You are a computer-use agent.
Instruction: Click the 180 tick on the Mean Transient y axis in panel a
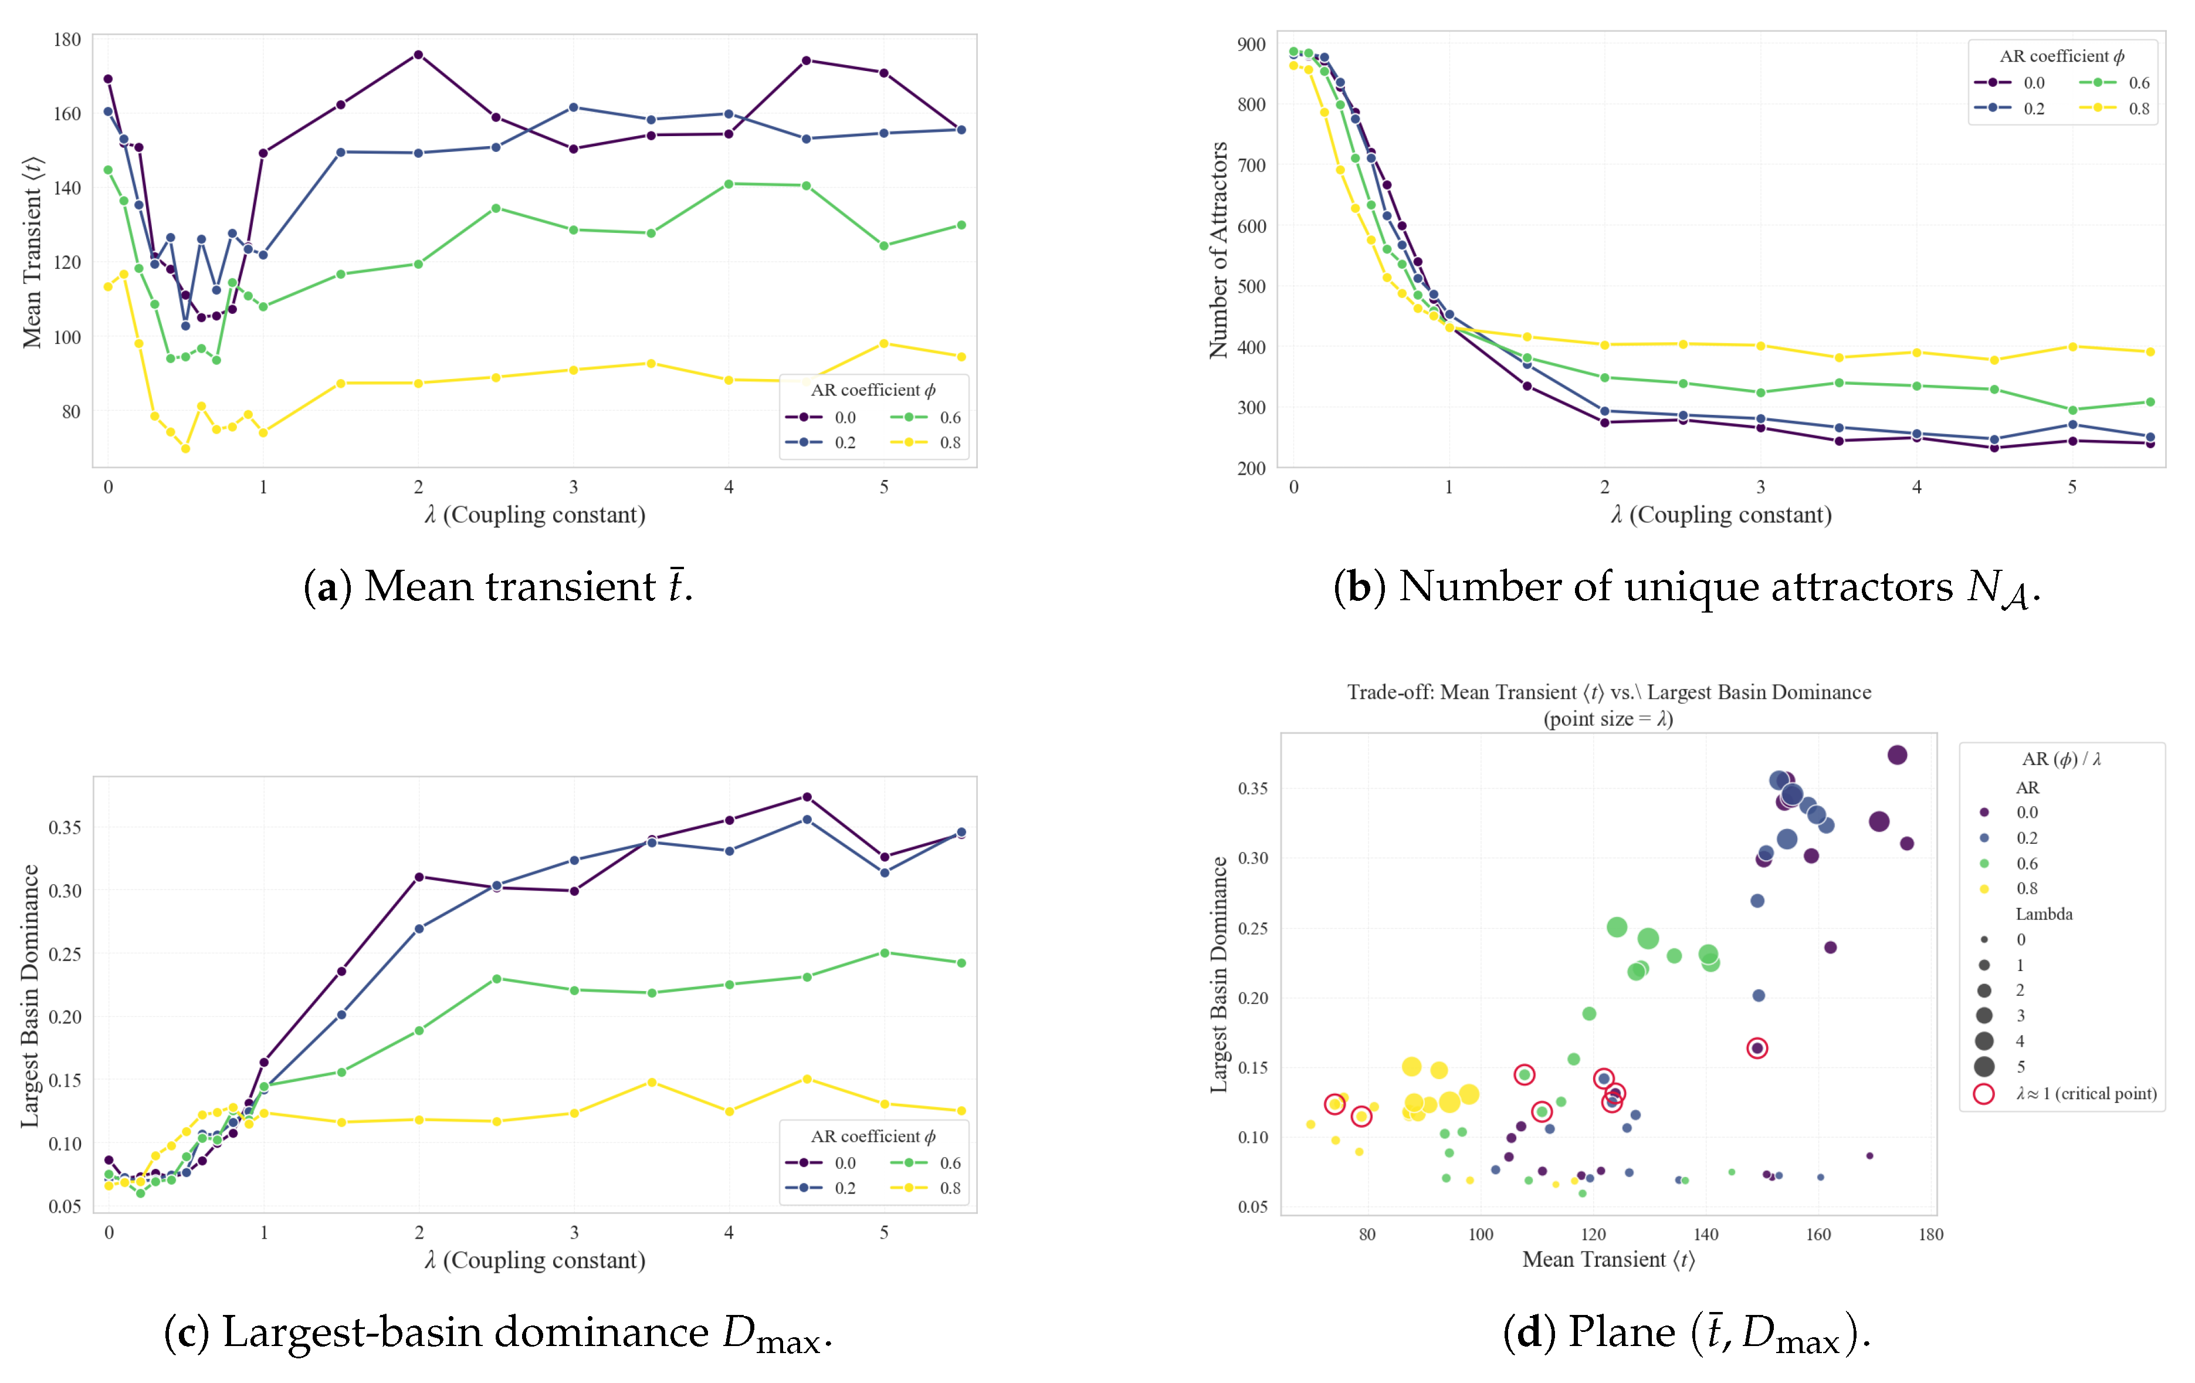(66, 39)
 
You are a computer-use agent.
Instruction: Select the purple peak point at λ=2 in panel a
(418, 55)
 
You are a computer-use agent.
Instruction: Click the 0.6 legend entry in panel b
(2114, 83)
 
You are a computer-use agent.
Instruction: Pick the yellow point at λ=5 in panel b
(2072, 346)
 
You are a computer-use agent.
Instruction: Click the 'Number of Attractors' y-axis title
(1218, 250)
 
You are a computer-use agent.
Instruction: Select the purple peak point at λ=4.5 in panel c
(807, 797)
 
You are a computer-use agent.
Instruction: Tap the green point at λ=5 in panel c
(884, 953)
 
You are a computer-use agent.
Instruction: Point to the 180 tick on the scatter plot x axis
(1930, 1235)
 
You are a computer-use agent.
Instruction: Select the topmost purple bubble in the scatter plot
(1897, 755)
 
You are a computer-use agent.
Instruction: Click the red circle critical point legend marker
(1983, 1093)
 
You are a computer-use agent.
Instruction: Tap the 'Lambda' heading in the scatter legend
(2044, 914)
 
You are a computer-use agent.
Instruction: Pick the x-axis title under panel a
(535, 515)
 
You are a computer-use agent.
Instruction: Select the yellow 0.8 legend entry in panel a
(925, 442)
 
